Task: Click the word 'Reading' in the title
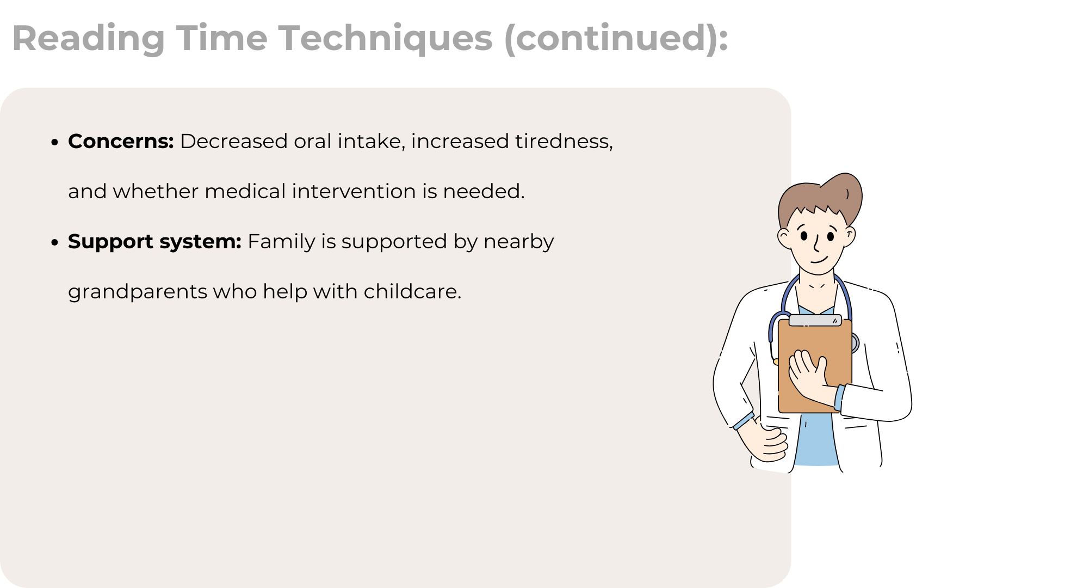pyautogui.click(x=89, y=39)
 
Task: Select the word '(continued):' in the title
pyautogui.click(x=616, y=39)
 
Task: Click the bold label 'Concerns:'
pyautogui.click(x=121, y=142)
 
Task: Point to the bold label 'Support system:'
pyautogui.click(x=154, y=242)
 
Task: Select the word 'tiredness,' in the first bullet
pyautogui.click(x=564, y=142)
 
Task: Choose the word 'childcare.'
pyautogui.click(x=412, y=292)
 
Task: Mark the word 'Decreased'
pyautogui.click(x=234, y=142)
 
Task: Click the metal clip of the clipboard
pyautogui.click(x=815, y=321)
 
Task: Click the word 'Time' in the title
pyautogui.click(x=221, y=38)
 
